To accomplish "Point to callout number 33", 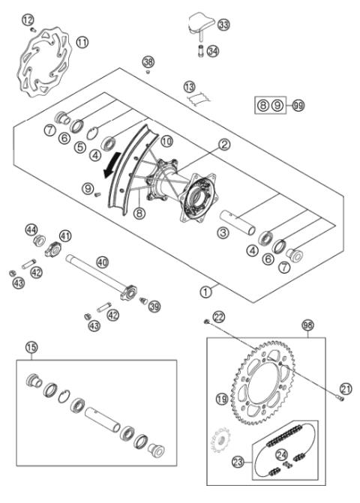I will tap(223, 25).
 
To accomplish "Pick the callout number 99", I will tap(298, 106).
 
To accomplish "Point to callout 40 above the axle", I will tap(102, 262).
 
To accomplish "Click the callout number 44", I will tap(31, 228).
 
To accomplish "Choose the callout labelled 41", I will tap(66, 236).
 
